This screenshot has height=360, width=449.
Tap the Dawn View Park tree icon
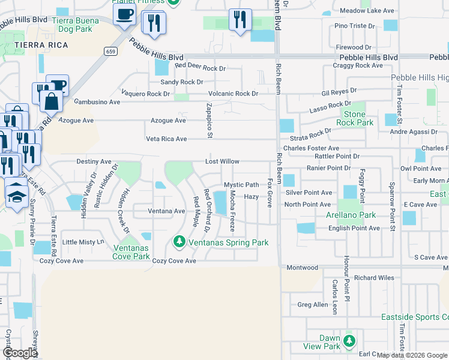348,342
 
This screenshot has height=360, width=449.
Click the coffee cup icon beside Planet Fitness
124,14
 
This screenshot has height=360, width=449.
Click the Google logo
19,353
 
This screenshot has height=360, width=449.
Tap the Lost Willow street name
222,161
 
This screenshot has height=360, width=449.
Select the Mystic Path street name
241,185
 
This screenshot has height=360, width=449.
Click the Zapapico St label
209,121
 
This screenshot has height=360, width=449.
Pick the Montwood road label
303,268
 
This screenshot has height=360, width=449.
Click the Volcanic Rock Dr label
233,94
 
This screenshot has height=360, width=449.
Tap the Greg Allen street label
313,305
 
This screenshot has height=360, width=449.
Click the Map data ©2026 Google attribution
412,355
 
